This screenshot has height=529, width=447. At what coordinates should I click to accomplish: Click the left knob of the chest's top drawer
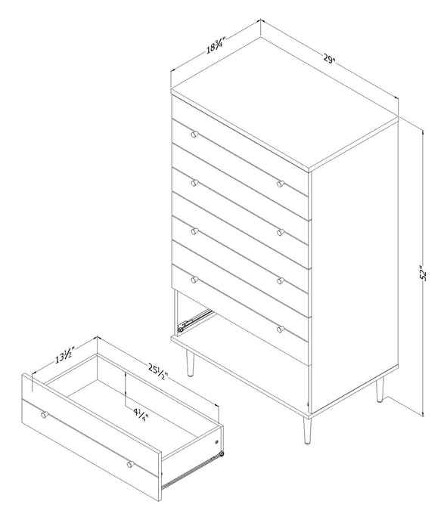194,135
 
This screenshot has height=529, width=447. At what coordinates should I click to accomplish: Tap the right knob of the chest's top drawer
280,184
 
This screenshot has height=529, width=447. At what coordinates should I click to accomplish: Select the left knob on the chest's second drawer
194,183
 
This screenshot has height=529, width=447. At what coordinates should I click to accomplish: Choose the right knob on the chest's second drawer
280,232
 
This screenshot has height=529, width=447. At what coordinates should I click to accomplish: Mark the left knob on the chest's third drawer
194,231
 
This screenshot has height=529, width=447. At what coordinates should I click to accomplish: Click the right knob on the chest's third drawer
280,280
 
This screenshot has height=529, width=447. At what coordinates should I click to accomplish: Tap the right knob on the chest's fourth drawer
280,329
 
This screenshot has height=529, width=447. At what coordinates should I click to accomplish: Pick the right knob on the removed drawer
129,463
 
